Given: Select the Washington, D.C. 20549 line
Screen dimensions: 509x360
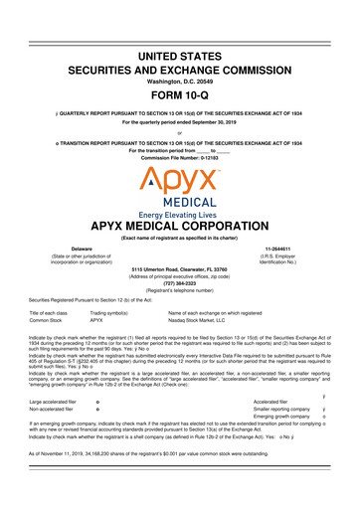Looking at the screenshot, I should [180, 63].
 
